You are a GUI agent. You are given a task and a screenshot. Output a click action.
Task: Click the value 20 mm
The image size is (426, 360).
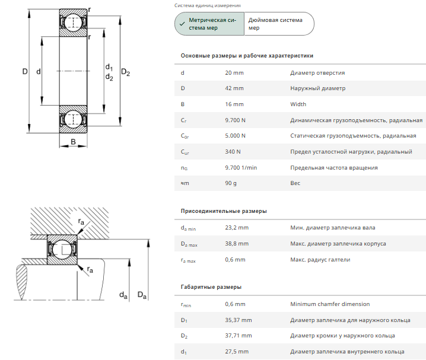pyautogui.click(x=234, y=73)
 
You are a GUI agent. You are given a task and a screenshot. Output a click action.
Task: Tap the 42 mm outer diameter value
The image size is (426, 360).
pyautogui.click(x=234, y=88)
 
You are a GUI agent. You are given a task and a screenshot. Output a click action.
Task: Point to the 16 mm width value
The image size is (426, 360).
pyautogui.click(x=234, y=104)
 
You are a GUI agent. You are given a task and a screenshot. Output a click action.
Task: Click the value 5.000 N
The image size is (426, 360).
pyautogui.click(x=236, y=136)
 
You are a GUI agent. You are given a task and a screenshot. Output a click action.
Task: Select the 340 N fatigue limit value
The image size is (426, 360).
pyautogui.click(x=233, y=152)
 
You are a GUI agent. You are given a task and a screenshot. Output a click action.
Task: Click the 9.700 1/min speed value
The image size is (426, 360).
pyautogui.click(x=241, y=167)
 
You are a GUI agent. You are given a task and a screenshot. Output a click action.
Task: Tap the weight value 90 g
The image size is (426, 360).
pyautogui.click(x=231, y=183)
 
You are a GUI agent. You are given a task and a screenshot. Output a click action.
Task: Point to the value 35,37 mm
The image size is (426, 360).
pyautogui.click(x=239, y=320)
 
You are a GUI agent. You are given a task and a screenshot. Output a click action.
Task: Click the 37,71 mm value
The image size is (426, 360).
pyautogui.click(x=239, y=336)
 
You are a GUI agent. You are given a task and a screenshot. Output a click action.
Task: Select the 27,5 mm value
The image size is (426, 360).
pyautogui.click(x=237, y=352)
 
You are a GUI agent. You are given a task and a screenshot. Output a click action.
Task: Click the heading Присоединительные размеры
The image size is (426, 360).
pyautogui.click(x=224, y=211)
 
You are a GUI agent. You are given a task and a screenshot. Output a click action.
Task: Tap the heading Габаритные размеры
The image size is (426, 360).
pyautogui.click(x=211, y=287)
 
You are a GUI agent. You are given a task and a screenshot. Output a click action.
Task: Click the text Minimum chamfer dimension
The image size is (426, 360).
pyautogui.click(x=328, y=304)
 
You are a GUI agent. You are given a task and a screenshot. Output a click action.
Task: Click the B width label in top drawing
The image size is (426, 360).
pyautogui.click(x=73, y=141)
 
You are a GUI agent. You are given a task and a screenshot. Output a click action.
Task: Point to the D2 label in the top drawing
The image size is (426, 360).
pyautogui.click(x=126, y=72)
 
